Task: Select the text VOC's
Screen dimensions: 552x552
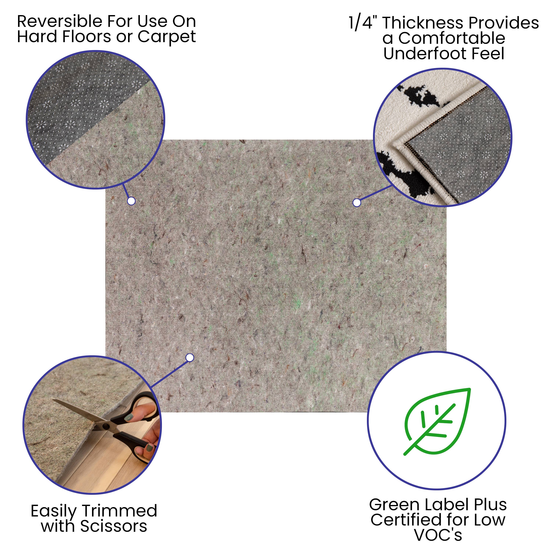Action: coord(438,535)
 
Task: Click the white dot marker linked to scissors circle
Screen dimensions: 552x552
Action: coord(190,358)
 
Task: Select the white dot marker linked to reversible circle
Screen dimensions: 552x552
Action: coord(131,201)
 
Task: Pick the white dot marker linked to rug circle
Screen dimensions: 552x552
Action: coord(357,203)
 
